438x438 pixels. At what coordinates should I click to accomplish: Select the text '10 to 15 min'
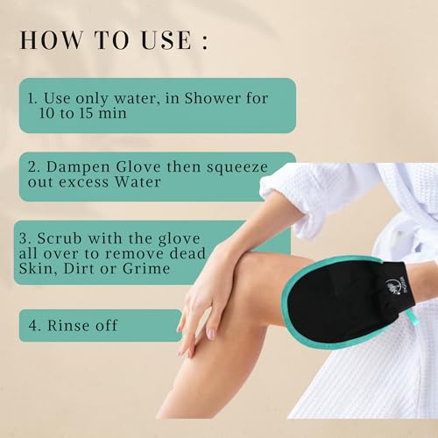[75, 114]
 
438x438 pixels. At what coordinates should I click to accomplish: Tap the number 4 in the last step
[34, 326]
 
